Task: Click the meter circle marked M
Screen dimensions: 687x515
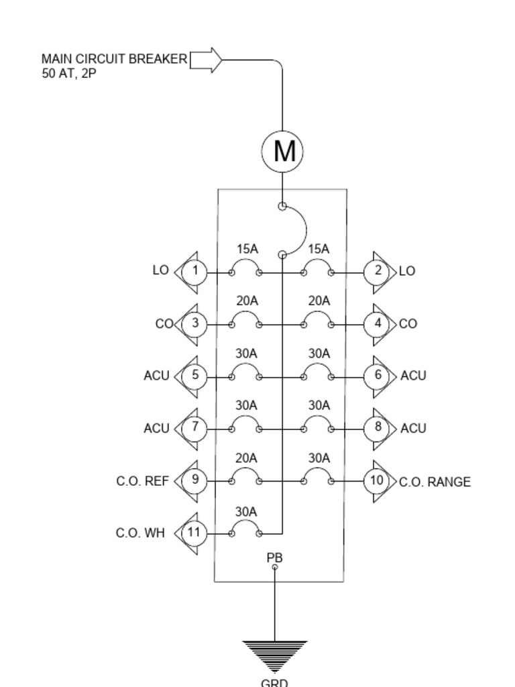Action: point(282,151)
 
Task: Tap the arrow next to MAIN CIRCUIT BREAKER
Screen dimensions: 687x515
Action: point(207,60)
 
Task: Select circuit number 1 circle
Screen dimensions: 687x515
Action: point(194,272)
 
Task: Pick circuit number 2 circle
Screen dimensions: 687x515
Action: point(378,271)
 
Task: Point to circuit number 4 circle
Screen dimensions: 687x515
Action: point(378,323)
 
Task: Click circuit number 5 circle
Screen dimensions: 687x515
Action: point(194,375)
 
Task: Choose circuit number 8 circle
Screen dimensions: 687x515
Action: point(378,427)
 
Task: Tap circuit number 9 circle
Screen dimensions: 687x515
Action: point(194,480)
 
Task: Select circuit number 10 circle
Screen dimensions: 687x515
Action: point(377,480)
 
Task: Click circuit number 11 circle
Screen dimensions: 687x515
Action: point(194,533)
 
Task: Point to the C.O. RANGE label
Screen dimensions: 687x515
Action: point(435,482)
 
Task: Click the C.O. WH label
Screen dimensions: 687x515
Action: point(140,533)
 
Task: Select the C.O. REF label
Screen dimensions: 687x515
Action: point(142,481)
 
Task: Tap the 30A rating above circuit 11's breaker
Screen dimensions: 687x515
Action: point(246,512)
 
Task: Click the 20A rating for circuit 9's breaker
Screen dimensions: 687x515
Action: point(246,458)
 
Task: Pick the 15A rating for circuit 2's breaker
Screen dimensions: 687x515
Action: point(319,249)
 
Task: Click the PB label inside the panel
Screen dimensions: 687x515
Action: point(274,558)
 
